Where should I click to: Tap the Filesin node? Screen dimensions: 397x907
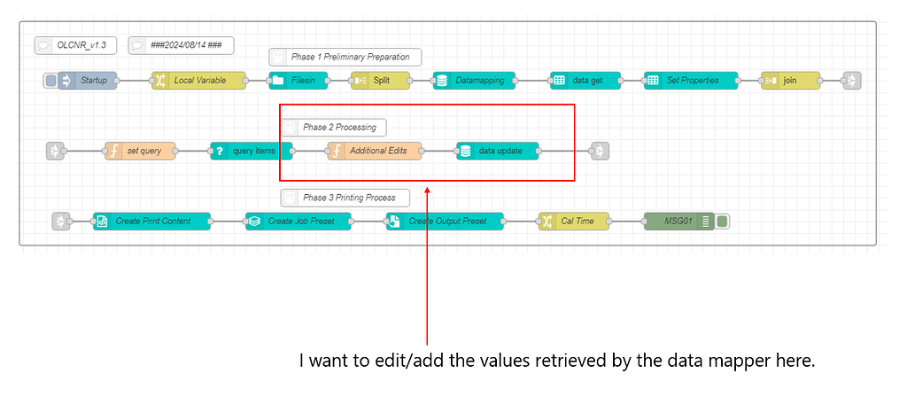pyautogui.click(x=298, y=81)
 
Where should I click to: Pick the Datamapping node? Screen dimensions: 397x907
pyautogui.click(x=474, y=81)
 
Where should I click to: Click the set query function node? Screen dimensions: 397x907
pyautogui.click(x=140, y=151)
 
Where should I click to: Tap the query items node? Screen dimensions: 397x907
pyautogui.click(x=251, y=151)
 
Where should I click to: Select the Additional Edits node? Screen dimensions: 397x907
pyautogui.click(x=375, y=151)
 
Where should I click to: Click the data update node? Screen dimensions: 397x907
pyautogui.click(x=498, y=151)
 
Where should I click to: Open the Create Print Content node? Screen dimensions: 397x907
pyautogui.click(x=152, y=221)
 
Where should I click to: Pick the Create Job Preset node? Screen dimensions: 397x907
pyautogui.click(x=298, y=221)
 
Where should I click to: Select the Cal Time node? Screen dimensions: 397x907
pyautogui.click(x=574, y=221)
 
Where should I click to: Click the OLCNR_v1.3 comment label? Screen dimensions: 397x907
pyautogui.click(x=75, y=44)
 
